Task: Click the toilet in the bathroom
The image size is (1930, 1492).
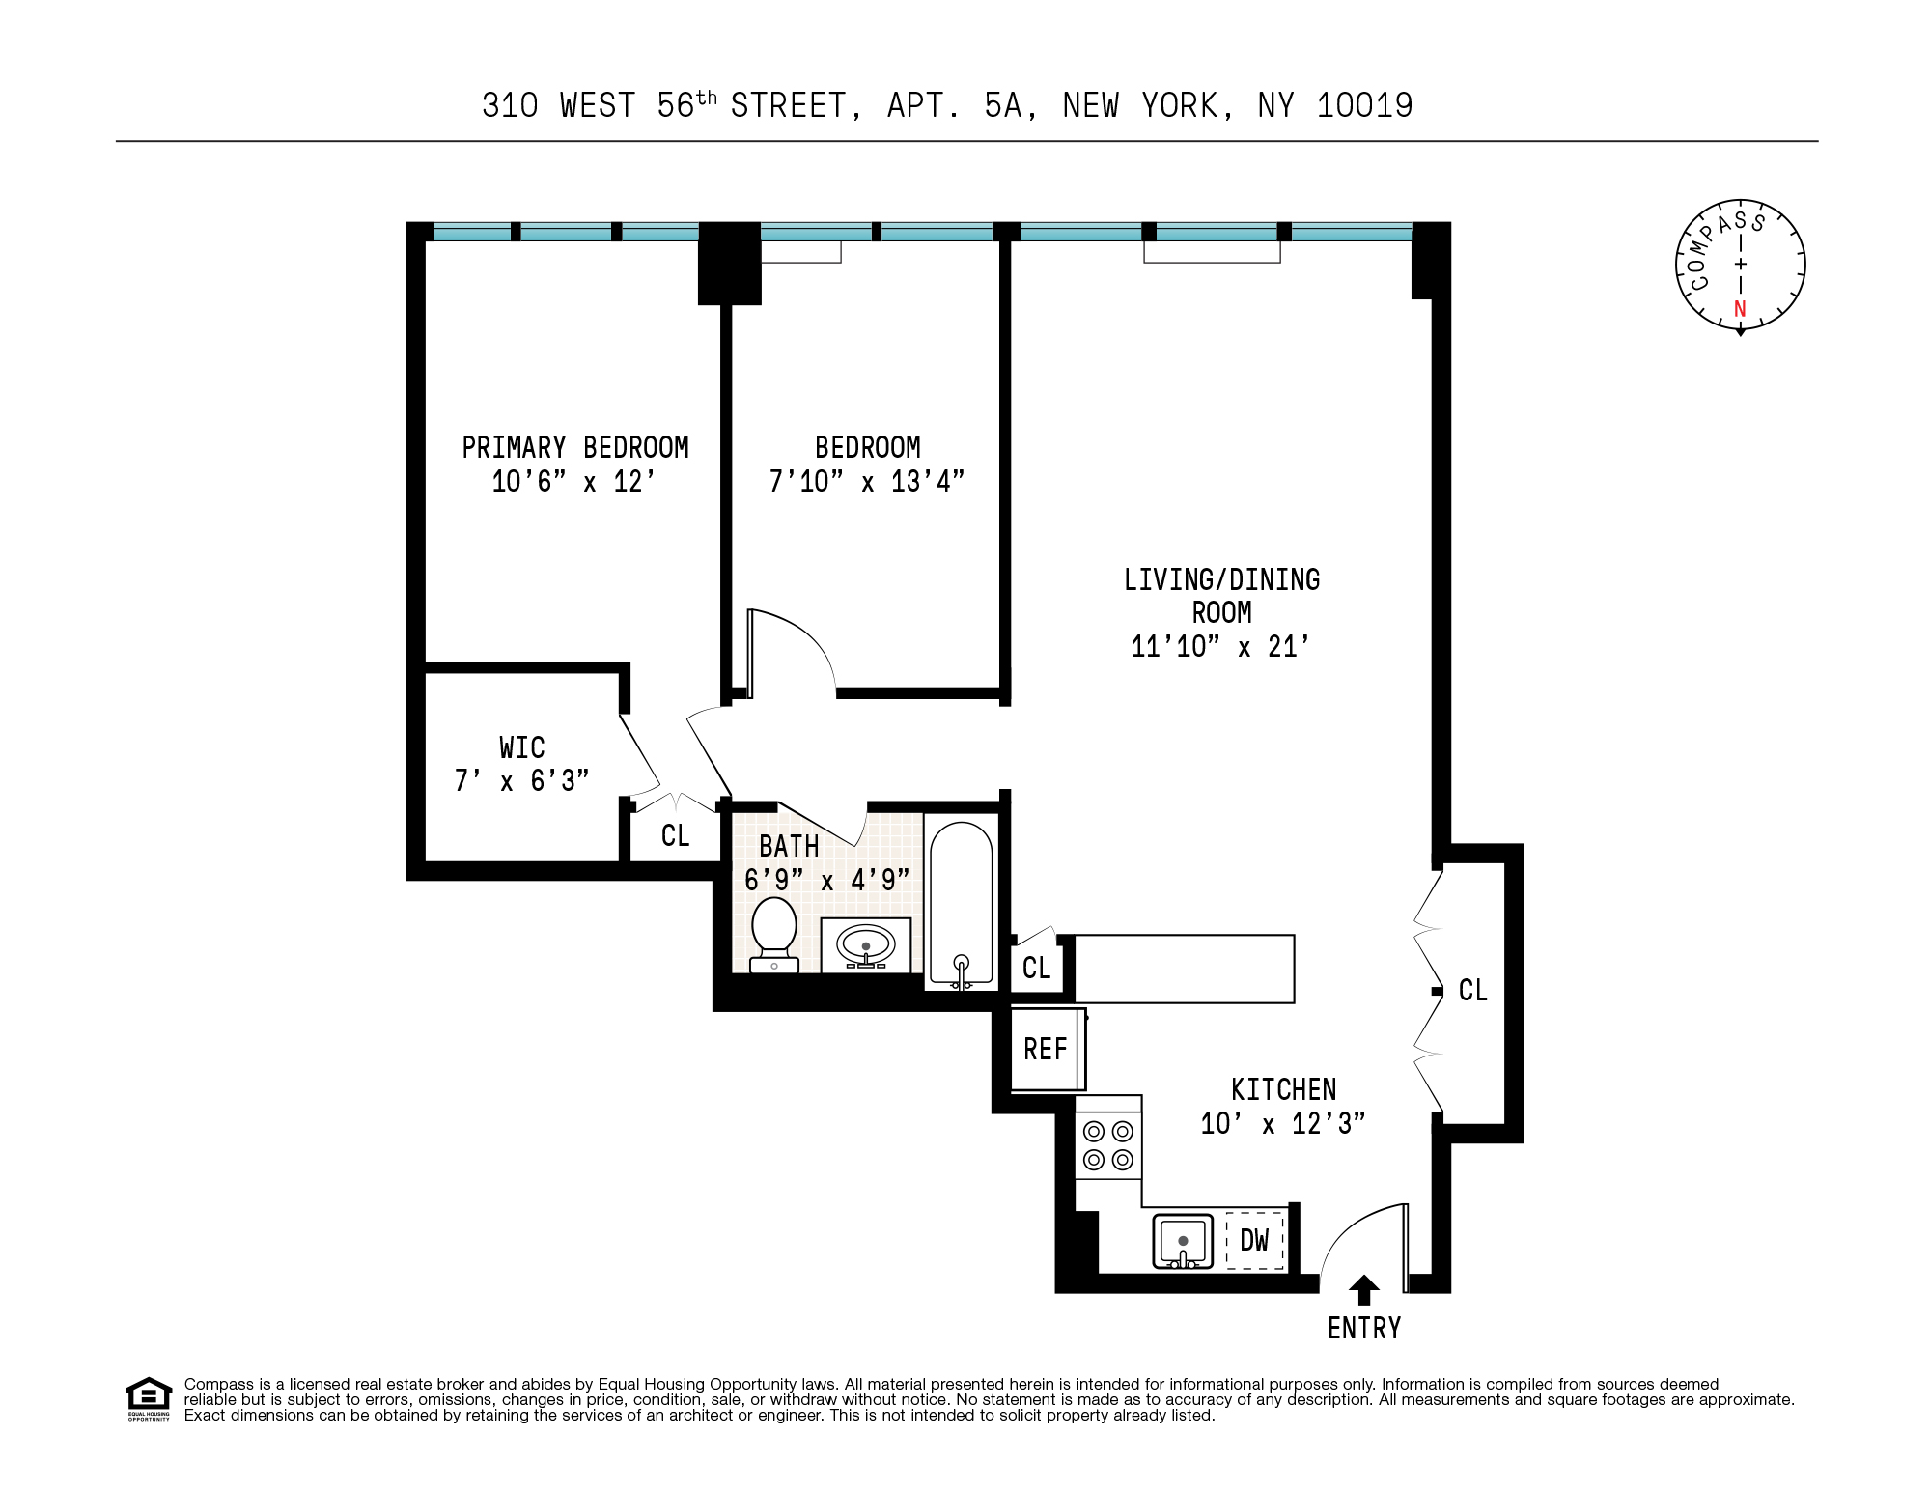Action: (774, 933)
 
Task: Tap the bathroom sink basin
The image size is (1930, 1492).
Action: (865, 944)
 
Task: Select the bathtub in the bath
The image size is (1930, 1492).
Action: (961, 903)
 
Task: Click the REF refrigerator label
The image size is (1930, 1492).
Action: (1045, 1050)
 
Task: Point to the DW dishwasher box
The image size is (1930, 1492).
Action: (1254, 1241)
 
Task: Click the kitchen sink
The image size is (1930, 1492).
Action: (1183, 1241)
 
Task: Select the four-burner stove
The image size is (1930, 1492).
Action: (1108, 1145)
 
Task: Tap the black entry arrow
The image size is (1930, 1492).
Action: (1363, 1290)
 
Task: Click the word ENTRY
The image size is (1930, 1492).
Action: (1363, 1329)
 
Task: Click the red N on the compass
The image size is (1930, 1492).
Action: (1740, 309)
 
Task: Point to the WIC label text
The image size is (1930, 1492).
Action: (521, 747)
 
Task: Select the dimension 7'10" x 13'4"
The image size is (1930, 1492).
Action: (866, 481)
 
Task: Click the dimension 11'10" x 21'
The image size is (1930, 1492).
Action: (1220, 646)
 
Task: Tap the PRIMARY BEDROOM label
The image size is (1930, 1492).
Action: (575, 448)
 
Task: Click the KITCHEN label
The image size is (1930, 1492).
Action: (1283, 1090)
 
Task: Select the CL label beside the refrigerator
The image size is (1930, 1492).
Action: (1036, 968)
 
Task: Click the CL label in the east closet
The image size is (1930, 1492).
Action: (1472, 990)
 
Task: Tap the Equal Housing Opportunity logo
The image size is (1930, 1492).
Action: (149, 1398)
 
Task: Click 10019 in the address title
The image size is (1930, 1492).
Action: (1364, 105)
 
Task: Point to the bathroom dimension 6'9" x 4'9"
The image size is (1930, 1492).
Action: (826, 880)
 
